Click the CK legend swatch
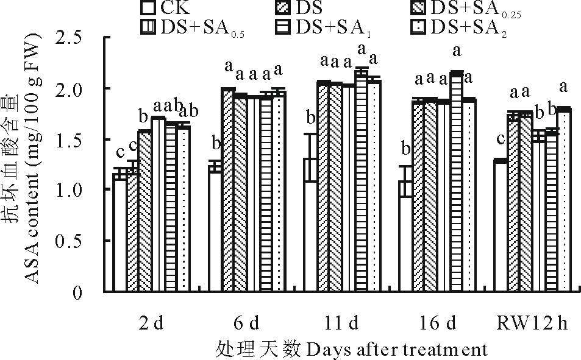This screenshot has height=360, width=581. pos(147,9)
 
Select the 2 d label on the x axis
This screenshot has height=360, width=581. pos(151,322)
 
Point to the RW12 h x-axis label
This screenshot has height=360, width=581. pos(532,322)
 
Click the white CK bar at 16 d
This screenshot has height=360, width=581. pos(406,238)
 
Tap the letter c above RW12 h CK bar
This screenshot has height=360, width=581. pos(500,139)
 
